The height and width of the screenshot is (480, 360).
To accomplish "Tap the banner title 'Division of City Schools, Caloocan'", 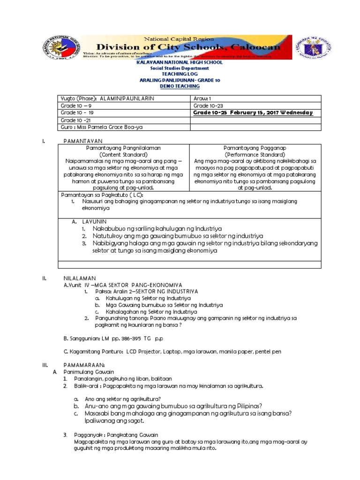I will coord(182,47).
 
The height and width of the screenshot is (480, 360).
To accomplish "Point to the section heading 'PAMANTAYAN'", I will coord(82,141).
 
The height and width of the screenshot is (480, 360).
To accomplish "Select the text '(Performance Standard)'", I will coord(255,154).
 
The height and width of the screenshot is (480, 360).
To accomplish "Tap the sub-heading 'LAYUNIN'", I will coord(95,220).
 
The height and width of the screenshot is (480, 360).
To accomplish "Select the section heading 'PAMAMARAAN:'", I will coord(84,365).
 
